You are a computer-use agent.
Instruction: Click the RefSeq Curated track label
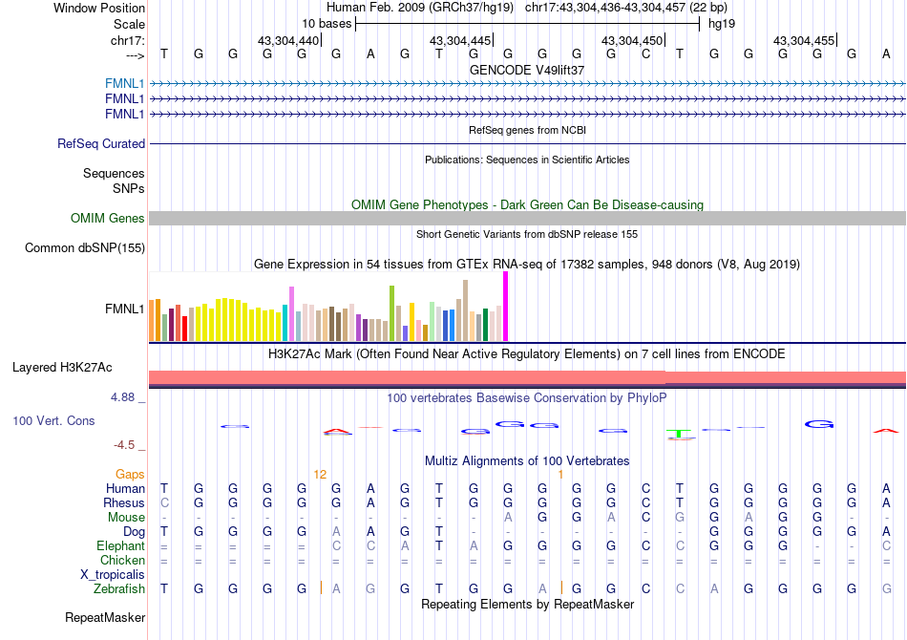101,143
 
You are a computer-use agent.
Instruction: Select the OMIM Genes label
108,219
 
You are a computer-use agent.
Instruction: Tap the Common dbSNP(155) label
85,248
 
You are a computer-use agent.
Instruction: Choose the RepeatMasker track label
105,618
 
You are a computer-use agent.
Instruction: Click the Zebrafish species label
119,589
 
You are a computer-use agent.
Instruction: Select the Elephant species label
120,545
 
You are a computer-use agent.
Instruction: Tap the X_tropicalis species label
113,575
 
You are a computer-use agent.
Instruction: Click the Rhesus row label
125,502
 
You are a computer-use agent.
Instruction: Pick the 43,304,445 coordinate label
460,41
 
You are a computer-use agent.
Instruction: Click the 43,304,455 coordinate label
804,41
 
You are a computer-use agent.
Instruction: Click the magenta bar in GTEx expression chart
505,306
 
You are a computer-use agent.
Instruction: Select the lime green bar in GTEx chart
392,312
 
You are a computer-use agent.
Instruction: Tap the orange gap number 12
320,474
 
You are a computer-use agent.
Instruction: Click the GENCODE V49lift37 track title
527,70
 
